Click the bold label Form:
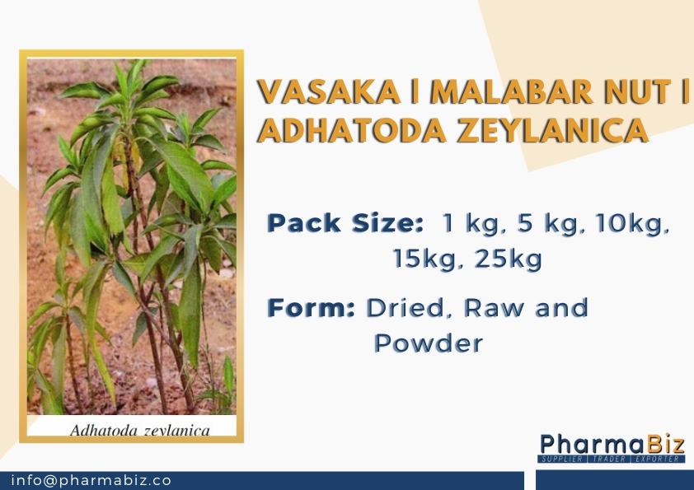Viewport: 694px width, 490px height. point(311,309)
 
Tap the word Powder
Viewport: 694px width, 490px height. point(428,343)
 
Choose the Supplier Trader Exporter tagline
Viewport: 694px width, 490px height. point(612,458)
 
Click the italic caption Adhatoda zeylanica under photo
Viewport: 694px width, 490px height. point(139,429)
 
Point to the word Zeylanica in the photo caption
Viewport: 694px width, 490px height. point(177,430)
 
